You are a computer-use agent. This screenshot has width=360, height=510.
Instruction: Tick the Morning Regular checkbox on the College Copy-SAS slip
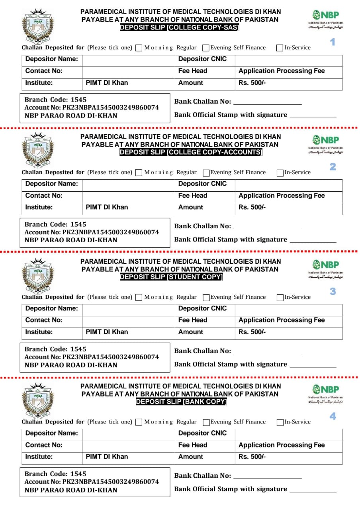(139, 48)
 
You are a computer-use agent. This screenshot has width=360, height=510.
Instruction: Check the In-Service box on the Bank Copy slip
(280, 422)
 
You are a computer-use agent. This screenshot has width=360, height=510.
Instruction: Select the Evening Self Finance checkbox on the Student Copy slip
(206, 298)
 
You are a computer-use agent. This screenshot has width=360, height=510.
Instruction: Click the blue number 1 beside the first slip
(333, 42)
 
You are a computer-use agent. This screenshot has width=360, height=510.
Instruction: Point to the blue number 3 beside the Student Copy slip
(333, 292)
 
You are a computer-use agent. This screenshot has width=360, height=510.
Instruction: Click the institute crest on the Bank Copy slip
(38, 400)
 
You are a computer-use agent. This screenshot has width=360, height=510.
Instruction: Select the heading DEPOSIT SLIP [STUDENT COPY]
(171, 277)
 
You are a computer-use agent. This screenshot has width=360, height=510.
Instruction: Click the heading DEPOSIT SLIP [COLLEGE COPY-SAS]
(180, 27)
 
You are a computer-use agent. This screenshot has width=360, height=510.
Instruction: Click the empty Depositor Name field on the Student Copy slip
(128, 308)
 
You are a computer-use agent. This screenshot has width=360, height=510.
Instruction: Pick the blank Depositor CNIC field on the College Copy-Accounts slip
(288, 184)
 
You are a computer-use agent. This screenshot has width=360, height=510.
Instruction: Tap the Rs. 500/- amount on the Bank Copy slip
(252, 457)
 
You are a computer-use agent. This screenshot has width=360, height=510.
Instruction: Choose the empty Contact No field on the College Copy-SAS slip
(128, 71)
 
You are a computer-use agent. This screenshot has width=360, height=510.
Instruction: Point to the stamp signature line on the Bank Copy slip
(313, 490)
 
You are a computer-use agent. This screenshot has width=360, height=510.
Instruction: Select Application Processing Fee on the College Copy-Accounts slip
(282, 196)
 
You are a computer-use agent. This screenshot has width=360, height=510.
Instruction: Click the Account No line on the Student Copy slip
(92, 357)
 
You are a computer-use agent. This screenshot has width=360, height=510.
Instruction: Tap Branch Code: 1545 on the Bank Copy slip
(55, 474)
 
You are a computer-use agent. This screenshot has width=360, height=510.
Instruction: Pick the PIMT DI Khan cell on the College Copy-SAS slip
(107, 83)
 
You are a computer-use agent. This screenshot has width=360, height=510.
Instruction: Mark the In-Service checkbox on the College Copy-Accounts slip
(280, 173)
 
